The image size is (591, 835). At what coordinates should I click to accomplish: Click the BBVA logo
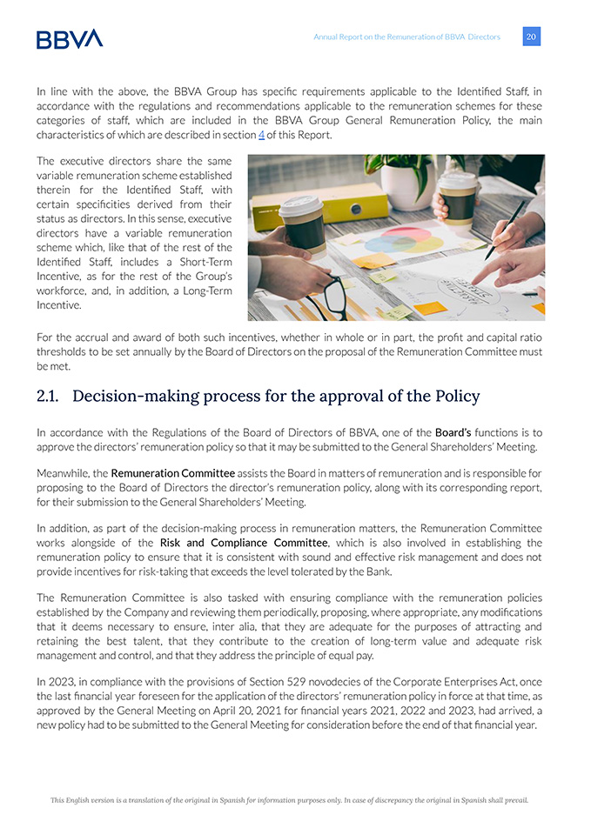pos(70,38)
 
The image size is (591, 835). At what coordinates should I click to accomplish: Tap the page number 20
pos(531,37)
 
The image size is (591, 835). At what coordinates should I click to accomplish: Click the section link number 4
pos(261,136)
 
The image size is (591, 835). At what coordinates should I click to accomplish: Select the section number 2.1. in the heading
pos(51,397)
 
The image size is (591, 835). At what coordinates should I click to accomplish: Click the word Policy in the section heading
pos(455,397)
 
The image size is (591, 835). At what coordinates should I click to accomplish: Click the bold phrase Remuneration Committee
pos(172,473)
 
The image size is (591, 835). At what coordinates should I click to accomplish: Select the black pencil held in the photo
pos(508,230)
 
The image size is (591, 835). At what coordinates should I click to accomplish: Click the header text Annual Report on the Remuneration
pos(406,37)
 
